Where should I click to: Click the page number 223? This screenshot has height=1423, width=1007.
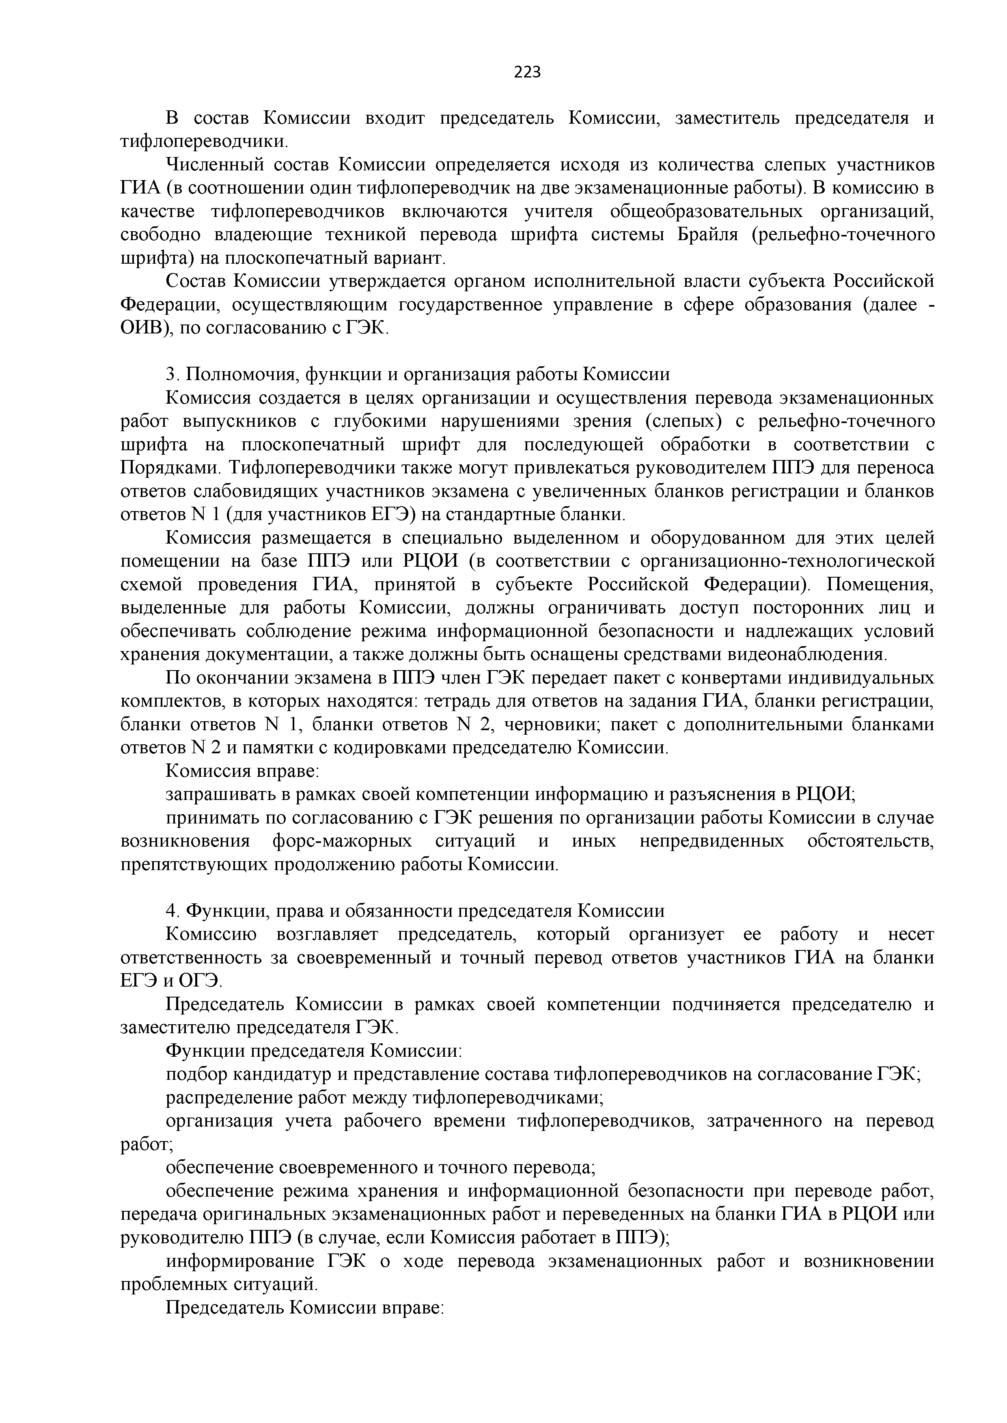tap(528, 73)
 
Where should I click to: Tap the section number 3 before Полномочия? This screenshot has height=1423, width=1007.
tap(171, 374)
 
